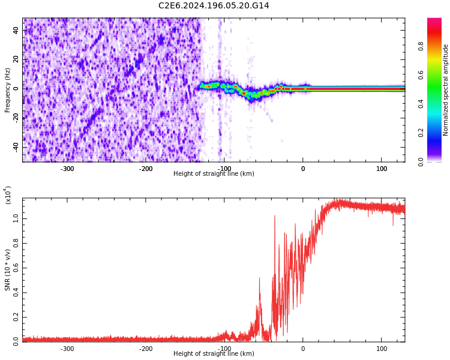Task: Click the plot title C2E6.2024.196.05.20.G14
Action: coord(214,5)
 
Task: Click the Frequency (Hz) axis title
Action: coord(8,90)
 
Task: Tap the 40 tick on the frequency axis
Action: coord(16,31)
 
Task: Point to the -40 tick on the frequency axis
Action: coord(14,147)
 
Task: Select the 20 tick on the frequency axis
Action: coord(16,59)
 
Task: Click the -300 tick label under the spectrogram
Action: coord(67,169)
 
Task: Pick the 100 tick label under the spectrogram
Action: coord(382,169)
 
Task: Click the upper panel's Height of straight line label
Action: coord(214,174)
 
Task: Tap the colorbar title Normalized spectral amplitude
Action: coord(446,90)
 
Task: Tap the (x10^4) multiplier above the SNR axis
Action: coord(8,195)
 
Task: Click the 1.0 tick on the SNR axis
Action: coord(16,220)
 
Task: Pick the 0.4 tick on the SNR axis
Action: coord(16,293)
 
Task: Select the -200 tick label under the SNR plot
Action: coord(145,349)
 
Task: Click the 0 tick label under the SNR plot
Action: coord(302,349)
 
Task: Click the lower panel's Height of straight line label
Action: coord(214,354)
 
